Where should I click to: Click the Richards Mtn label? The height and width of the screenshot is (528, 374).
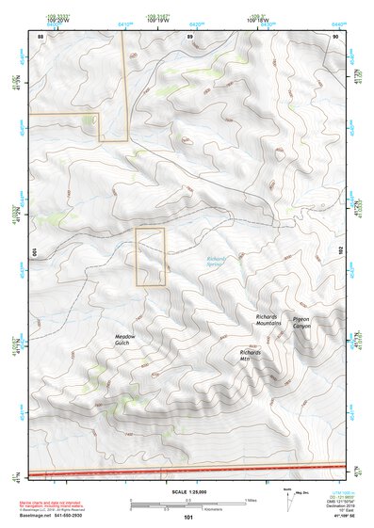[251, 355]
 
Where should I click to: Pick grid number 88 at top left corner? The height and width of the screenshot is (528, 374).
[41, 36]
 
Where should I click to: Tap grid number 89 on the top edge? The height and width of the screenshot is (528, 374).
[190, 36]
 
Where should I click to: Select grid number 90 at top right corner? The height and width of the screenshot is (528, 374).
[335, 36]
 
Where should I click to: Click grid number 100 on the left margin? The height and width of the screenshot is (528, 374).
[32, 252]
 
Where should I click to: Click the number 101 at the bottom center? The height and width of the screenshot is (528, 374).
[188, 518]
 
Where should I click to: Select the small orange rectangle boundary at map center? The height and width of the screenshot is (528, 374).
[150, 257]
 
